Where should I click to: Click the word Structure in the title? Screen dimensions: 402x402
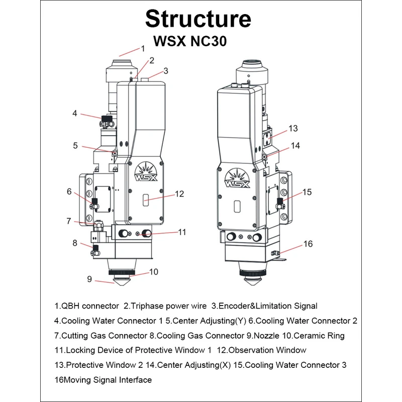198,19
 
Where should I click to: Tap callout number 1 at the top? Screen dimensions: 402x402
142,49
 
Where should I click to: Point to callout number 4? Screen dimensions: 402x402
75,114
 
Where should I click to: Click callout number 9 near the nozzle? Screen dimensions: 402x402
89,279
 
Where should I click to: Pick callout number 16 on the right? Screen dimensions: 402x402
308,244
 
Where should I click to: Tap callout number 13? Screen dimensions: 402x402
293,129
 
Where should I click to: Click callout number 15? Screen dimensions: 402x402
307,191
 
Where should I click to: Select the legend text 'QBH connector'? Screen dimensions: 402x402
90,306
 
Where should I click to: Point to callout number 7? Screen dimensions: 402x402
69,221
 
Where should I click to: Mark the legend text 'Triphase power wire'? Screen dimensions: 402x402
166,306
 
